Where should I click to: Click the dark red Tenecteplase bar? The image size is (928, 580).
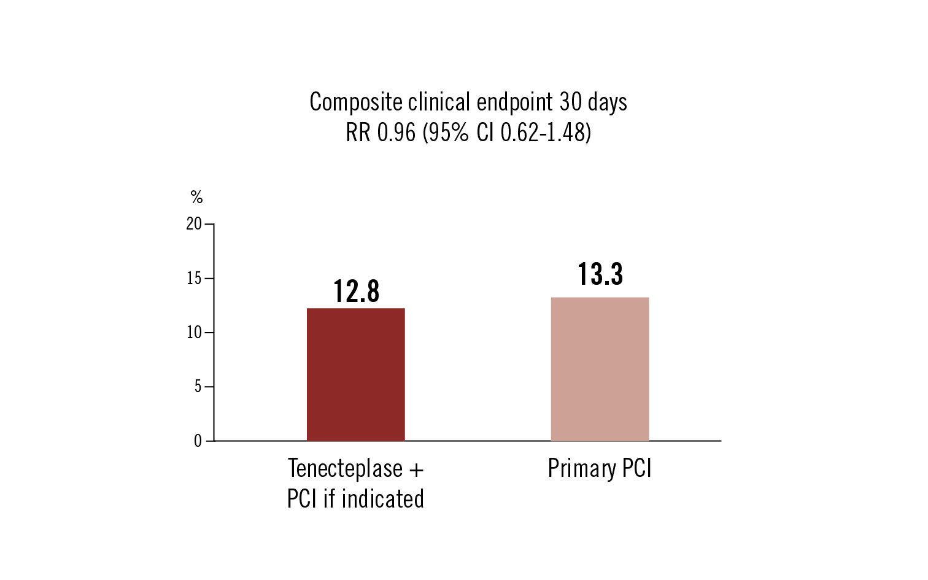click(355, 374)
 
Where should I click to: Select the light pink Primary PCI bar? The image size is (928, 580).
click(600, 369)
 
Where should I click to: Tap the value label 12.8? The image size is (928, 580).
click(356, 292)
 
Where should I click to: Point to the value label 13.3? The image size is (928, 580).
click(600, 274)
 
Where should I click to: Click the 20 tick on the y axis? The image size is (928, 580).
click(194, 224)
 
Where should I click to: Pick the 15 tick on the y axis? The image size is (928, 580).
click(194, 279)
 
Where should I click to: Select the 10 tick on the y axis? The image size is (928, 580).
click(194, 333)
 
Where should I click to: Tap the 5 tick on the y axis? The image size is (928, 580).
click(198, 387)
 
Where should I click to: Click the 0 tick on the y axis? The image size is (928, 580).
click(198, 441)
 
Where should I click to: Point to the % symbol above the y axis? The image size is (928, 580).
click(196, 197)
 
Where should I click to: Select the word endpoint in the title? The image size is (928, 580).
click(514, 102)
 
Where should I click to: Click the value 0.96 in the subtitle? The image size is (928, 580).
click(396, 133)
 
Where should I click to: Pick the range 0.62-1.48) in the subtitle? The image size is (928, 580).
click(546, 133)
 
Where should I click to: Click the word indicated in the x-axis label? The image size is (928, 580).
click(382, 498)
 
